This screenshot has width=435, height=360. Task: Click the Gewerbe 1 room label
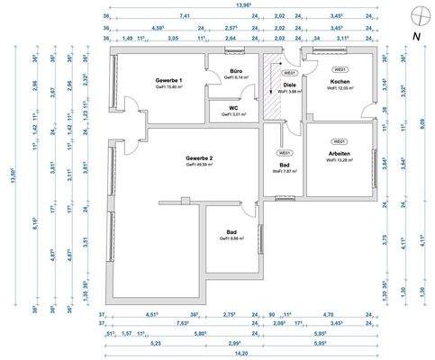168,81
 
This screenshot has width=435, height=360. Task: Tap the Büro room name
236,70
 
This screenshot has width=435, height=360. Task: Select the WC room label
236,106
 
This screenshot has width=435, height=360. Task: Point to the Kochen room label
340,82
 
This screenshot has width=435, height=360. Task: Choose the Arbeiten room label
340,155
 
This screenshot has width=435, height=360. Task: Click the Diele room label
290,84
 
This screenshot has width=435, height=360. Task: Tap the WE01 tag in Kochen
340,69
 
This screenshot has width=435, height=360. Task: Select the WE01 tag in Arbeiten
340,142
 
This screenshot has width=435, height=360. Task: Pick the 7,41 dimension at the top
185,15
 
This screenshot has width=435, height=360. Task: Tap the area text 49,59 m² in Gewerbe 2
200,166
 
